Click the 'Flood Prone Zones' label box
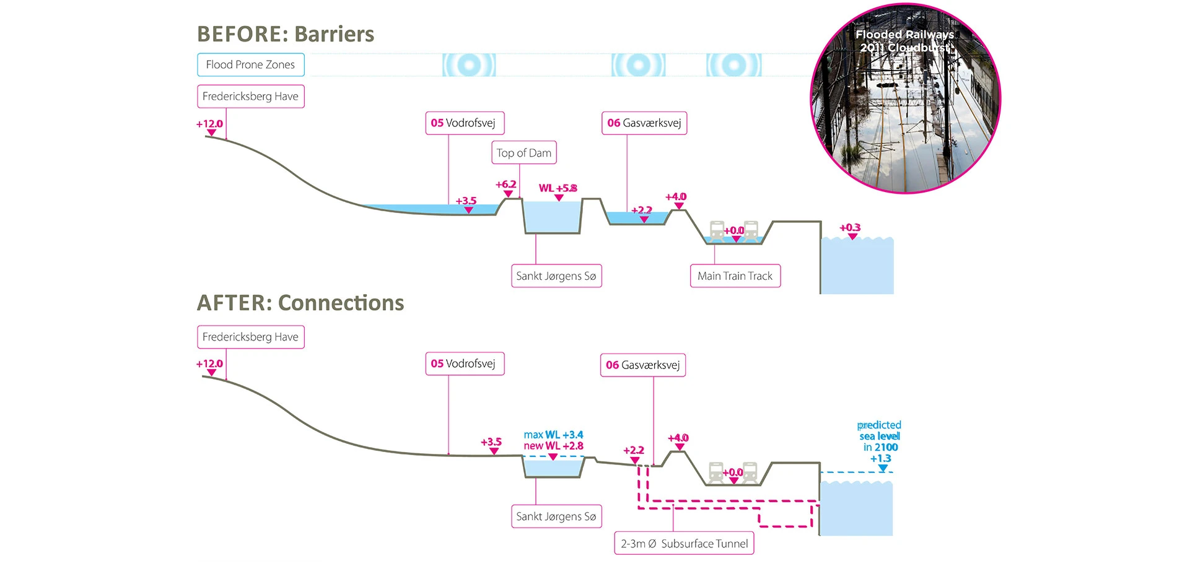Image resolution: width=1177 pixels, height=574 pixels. coord(250,65)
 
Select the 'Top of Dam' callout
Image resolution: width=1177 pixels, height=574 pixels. coord(523,153)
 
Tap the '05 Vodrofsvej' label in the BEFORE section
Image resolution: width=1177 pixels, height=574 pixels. coord(464,123)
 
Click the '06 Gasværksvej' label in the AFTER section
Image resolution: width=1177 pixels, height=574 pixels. coord(642,365)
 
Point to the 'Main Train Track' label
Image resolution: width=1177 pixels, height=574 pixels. coord(735,276)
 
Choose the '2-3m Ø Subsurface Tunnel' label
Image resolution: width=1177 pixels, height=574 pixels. coord(684,544)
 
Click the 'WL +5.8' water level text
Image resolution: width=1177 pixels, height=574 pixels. coord(558,188)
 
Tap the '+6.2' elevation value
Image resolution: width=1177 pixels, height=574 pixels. coord(505,185)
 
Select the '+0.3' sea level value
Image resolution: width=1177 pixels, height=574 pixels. coord(850,228)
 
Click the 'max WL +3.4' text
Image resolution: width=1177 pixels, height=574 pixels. coord(553,435)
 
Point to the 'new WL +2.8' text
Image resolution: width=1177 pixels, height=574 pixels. coord(553,446)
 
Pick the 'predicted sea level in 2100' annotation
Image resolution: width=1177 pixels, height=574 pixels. coord(880,441)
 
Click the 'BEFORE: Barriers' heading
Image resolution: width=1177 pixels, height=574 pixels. coord(286,34)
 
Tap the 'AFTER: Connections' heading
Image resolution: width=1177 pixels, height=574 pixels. coord(300,303)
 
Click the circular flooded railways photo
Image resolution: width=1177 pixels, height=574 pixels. coord(905,99)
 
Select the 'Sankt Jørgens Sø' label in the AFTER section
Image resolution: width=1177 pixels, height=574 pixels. coord(556,516)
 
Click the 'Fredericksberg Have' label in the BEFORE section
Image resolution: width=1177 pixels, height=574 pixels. coord(250,97)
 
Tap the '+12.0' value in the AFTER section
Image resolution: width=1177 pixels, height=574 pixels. coord(209,364)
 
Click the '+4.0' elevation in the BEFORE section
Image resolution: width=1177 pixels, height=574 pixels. coord(676,197)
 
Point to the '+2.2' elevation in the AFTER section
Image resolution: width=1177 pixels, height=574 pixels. coord(634,450)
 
